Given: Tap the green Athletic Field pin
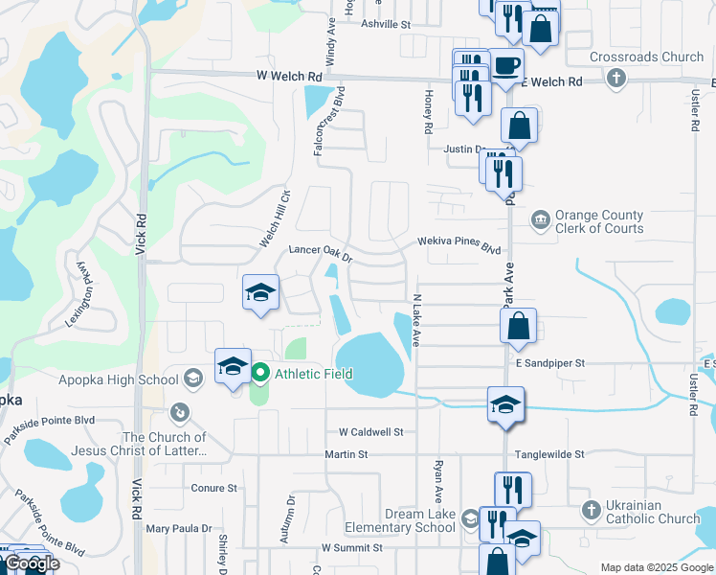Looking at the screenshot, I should click(259, 374).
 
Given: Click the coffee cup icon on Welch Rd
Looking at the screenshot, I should click(505, 67).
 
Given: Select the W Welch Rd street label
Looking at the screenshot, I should click(288, 76).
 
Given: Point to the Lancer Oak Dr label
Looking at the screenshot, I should click(321, 254).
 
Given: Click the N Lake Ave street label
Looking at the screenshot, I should click(416, 320).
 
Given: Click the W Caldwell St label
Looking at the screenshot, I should click(370, 431).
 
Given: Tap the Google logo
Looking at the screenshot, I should click(32, 563).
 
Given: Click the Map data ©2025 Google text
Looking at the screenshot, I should click(657, 567).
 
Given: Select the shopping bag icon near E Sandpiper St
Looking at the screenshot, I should click(517, 327).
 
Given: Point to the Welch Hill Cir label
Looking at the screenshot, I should click(273, 218).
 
